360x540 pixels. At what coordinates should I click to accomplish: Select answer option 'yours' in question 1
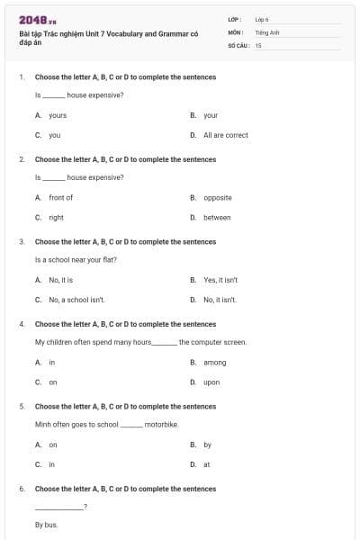(x=57, y=115)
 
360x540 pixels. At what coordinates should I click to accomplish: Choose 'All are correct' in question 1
(x=225, y=135)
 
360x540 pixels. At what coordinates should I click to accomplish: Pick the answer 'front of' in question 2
(x=60, y=197)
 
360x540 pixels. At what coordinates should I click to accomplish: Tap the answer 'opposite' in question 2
(x=217, y=197)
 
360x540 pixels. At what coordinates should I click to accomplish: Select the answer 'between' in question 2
(x=217, y=217)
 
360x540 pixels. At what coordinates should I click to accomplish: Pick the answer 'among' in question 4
(x=214, y=362)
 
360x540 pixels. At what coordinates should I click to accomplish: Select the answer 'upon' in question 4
(x=211, y=382)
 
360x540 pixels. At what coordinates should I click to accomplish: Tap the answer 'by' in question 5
(x=207, y=445)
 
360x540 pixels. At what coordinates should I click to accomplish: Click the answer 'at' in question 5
(x=206, y=464)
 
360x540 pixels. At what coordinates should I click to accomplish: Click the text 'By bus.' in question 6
(x=46, y=524)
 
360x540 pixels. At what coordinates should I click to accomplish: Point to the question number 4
(x=21, y=324)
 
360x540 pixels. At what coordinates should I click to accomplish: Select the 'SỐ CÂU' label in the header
(x=238, y=44)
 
